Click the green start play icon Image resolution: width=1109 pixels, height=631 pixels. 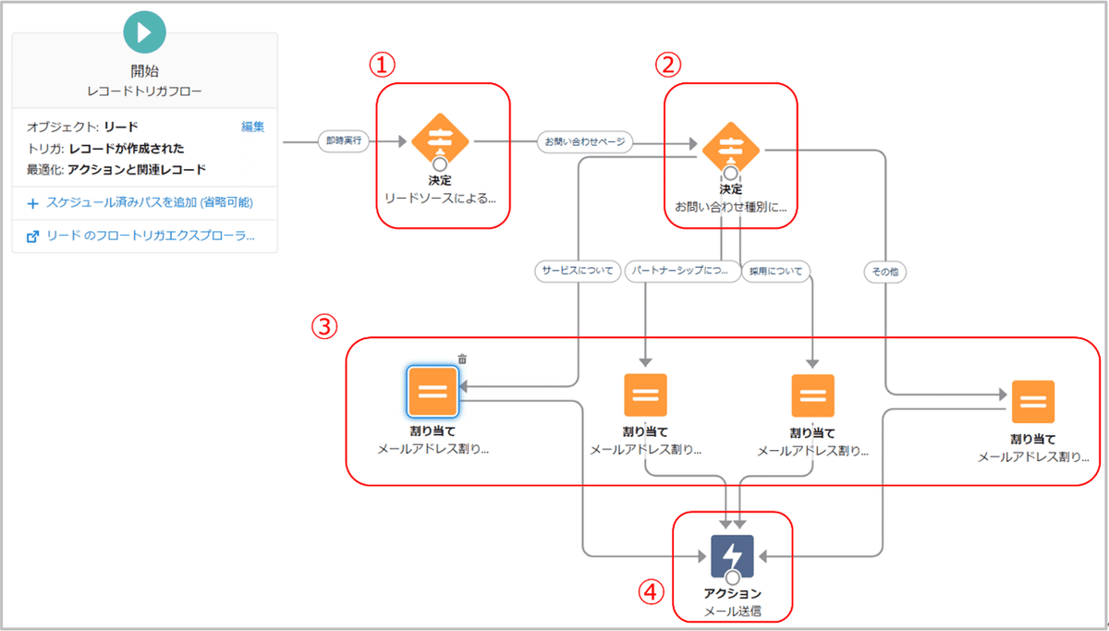[x=144, y=32]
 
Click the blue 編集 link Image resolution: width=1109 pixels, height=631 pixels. [x=253, y=127]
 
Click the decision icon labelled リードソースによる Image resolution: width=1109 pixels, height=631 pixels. [x=440, y=141]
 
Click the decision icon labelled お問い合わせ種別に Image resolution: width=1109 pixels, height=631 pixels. [x=730, y=148]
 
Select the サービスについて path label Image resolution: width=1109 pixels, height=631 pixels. [x=578, y=272]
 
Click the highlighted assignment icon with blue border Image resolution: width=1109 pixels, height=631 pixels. [x=433, y=391]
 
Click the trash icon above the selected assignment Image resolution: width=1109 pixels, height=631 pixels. [x=462, y=358]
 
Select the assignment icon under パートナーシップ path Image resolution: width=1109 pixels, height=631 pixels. [x=645, y=395]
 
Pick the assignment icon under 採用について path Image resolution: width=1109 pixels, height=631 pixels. [x=812, y=395]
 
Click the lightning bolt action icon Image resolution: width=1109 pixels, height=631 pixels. [x=732, y=556]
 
